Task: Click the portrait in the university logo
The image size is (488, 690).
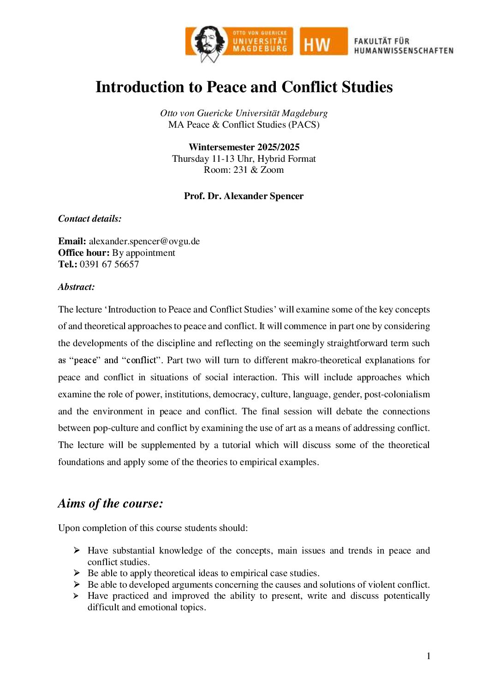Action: point(208,43)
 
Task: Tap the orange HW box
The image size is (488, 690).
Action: point(323,41)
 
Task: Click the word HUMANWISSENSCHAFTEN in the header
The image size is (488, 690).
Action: point(404,51)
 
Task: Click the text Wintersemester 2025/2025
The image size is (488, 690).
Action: point(244,147)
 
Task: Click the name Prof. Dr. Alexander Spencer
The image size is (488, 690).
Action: point(244,196)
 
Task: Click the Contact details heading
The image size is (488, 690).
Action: point(90,218)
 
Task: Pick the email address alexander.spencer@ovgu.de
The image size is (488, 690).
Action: point(144,241)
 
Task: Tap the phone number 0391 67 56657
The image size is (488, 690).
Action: point(109,264)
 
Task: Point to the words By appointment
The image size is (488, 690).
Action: point(143,253)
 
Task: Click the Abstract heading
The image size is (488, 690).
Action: point(77,287)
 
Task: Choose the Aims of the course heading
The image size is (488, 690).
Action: point(111,503)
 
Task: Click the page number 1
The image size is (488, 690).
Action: point(428,656)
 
